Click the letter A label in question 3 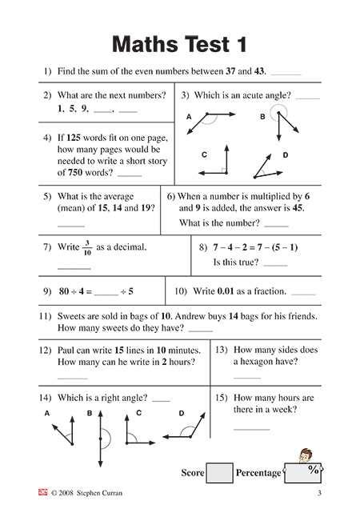(x=189, y=117)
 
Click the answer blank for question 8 (x=274, y=263)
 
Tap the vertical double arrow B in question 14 (x=100, y=439)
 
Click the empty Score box (x=219, y=473)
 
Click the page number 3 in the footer (x=341, y=493)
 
